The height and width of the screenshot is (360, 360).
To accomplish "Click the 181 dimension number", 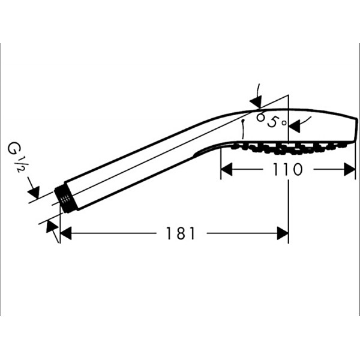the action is tap(181, 233).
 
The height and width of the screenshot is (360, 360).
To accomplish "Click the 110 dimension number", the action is tap(287, 169).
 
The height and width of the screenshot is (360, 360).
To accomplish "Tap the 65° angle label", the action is tap(272, 121).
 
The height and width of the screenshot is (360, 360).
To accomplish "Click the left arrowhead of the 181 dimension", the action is tap(66, 233).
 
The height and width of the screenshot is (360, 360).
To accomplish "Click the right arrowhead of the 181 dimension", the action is tap(283, 233).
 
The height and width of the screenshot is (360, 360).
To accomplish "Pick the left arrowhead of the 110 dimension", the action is tap(227, 169).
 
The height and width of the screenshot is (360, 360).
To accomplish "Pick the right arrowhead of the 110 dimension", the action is tap(350, 169).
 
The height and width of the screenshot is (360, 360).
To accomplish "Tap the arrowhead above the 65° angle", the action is tap(256, 102).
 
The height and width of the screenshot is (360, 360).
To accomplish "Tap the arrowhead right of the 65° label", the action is tap(295, 127).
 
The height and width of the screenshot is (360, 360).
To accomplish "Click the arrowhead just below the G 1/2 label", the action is tap(34, 193).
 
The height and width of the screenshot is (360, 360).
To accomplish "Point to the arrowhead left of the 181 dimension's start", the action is tap(52, 227).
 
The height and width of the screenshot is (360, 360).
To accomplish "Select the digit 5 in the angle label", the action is tap(273, 122).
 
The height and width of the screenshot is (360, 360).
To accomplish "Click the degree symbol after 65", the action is tap(284, 122).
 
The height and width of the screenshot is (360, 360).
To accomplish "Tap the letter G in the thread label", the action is tap(13, 148).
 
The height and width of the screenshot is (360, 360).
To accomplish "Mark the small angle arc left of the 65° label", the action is tap(242, 129).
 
